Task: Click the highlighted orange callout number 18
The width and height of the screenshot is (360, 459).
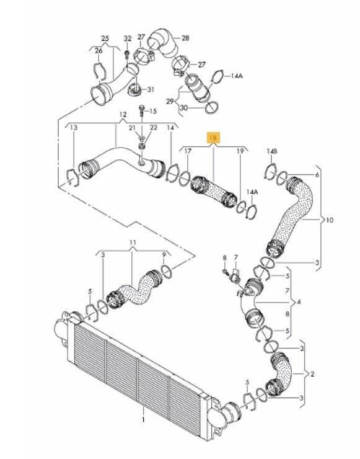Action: pyautogui.click(x=214, y=138)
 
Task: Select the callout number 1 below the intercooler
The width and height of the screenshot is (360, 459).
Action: pyautogui.click(x=143, y=419)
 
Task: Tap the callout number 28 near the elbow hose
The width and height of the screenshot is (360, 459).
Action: pyautogui.click(x=185, y=38)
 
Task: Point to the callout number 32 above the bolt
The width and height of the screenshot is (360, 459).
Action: pyautogui.click(x=127, y=38)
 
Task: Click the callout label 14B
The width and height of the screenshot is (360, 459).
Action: pyautogui.click(x=272, y=151)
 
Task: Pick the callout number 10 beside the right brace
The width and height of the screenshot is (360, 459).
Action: pyautogui.click(x=330, y=220)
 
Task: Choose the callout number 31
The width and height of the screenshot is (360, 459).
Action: pyautogui.click(x=151, y=89)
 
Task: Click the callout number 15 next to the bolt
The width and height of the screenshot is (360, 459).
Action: pyautogui.click(x=152, y=111)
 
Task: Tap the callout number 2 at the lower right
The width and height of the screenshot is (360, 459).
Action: pyautogui.click(x=312, y=374)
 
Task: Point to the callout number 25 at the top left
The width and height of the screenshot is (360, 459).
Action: pyautogui.click(x=105, y=38)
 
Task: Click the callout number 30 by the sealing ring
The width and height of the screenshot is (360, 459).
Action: pyautogui.click(x=183, y=108)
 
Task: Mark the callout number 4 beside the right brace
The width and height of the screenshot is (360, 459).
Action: pyautogui.click(x=299, y=301)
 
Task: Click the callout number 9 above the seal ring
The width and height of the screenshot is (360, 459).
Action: pyautogui.click(x=164, y=254)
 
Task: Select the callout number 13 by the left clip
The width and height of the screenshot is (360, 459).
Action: pyautogui.click(x=74, y=128)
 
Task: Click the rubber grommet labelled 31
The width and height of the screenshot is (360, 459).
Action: pyautogui.click(x=135, y=89)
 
